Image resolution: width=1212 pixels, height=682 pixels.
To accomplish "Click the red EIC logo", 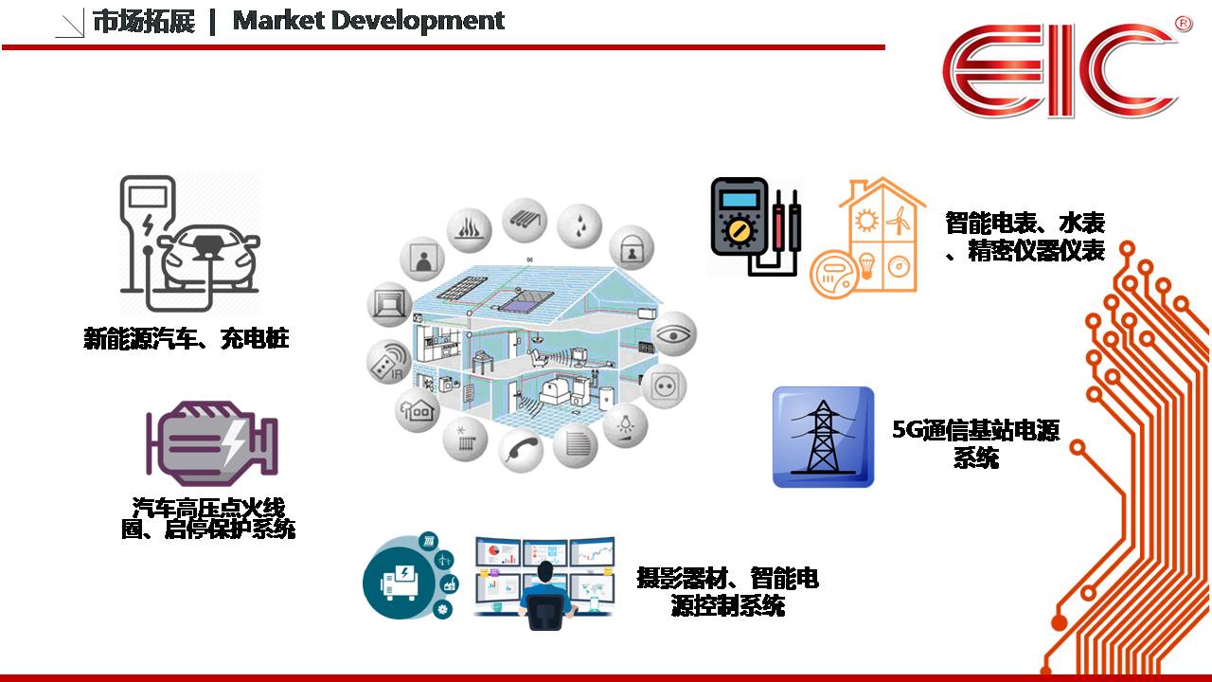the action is click(1060, 70).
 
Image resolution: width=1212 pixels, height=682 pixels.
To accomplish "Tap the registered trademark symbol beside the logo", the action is click(1184, 24).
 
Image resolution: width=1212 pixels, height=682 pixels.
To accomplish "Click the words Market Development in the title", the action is click(368, 22).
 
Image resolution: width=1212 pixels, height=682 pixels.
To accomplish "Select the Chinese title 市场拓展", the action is click(144, 22).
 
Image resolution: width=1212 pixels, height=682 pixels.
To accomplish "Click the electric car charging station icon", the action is click(189, 243).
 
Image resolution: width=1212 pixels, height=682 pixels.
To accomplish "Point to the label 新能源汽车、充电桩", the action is click(187, 339).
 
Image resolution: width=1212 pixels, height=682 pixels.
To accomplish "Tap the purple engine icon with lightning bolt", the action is click(212, 443).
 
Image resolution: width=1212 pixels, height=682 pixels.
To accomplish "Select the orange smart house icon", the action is click(867, 238).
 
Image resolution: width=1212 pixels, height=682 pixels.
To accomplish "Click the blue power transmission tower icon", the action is click(823, 437).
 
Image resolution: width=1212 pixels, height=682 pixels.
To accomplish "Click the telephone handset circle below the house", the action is click(521, 450).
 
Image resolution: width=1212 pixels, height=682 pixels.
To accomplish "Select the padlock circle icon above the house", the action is click(632, 248).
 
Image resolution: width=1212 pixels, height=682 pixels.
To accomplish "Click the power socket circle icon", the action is click(664, 386).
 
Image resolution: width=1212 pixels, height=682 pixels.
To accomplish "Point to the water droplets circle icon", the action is click(579, 225).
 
